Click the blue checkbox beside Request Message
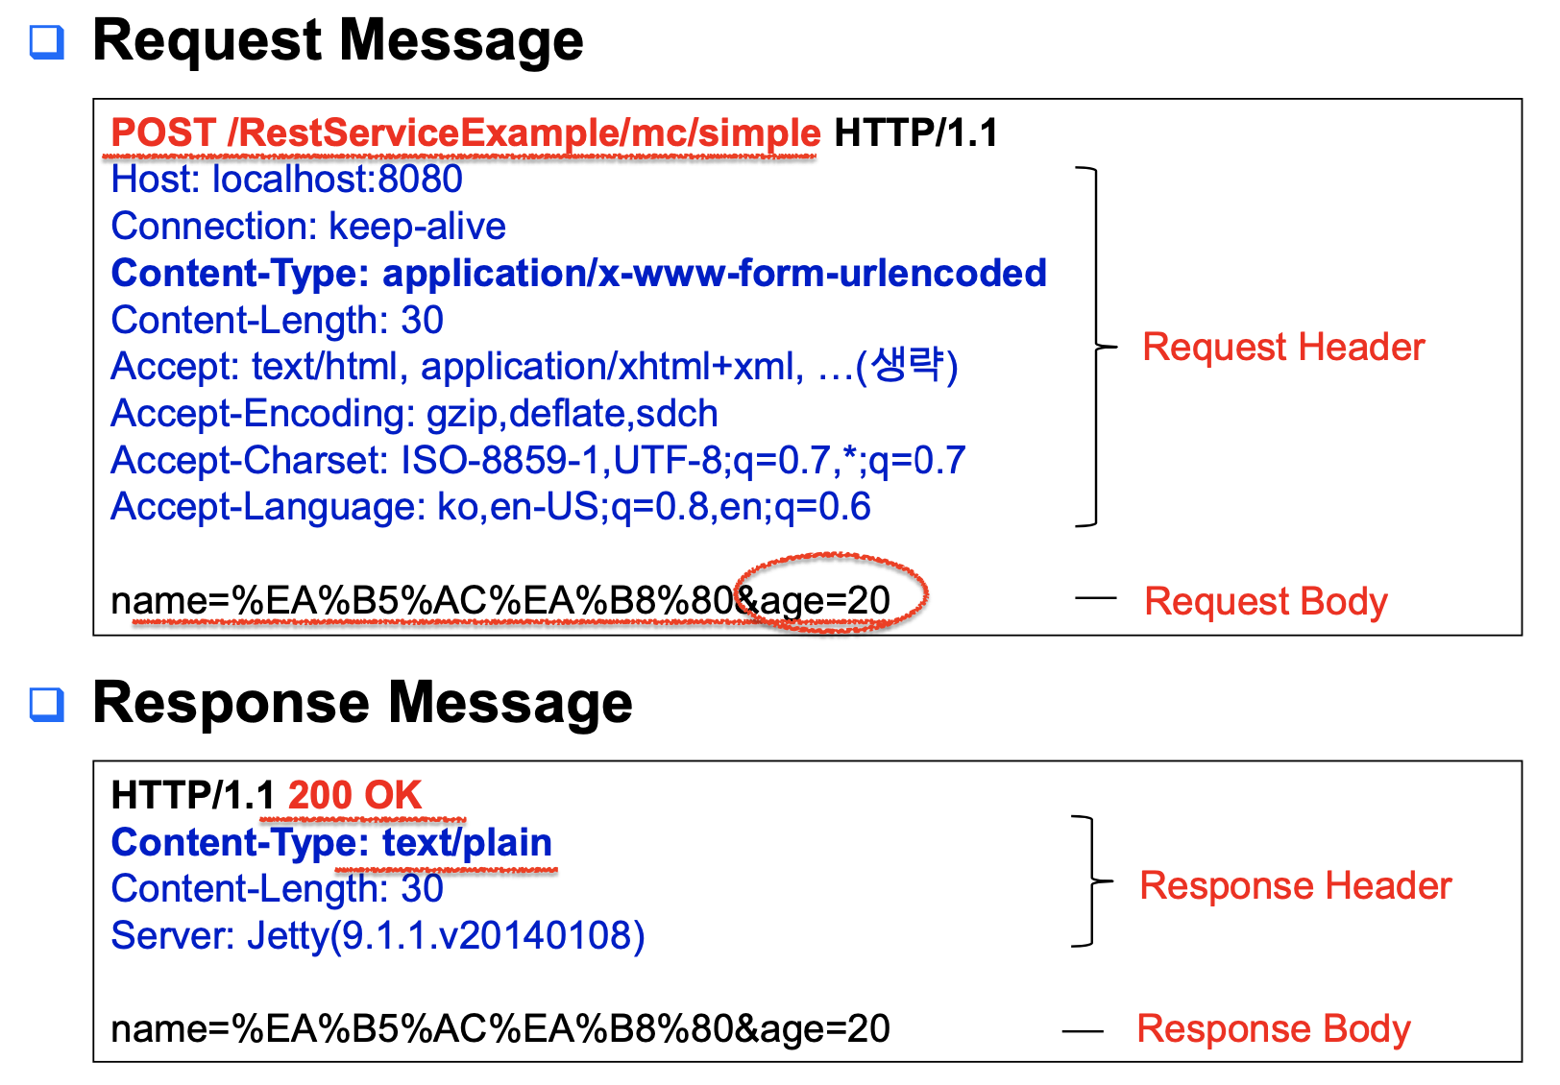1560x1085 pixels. [47, 42]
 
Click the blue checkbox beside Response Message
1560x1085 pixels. [47, 704]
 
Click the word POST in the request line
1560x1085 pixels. [163, 133]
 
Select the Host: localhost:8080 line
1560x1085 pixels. [286, 180]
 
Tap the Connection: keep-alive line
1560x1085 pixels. [308, 227]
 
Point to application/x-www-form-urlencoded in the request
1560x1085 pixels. [714, 274]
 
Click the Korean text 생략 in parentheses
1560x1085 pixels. [906, 366]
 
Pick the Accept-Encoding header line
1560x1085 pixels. [414, 414]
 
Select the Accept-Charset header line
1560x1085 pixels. [537, 461]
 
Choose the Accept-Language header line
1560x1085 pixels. [490, 507]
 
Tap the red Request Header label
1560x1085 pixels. [1282, 348]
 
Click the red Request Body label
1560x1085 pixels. [1265, 602]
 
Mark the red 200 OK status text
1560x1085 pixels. [354, 796]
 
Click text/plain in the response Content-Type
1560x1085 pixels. [467, 843]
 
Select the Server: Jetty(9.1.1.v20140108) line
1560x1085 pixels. [378, 936]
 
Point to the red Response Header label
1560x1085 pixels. [1295, 886]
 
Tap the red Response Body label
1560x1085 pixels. [1273, 1029]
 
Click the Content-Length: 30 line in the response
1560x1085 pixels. [277, 889]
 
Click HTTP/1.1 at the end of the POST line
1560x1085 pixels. [915, 133]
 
